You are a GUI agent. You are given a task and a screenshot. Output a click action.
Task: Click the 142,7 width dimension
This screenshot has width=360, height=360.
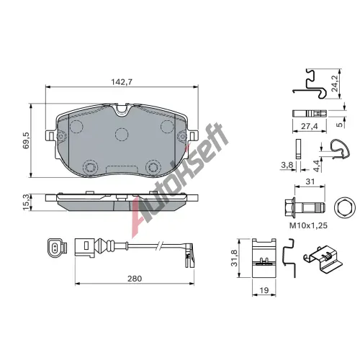click(122, 82)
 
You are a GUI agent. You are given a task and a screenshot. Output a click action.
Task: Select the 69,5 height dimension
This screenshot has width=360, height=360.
click(26, 140)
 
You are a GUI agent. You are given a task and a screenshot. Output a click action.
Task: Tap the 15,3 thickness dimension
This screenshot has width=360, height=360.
click(26, 202)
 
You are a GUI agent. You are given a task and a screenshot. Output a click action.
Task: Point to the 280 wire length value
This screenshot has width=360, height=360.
click(135, 279)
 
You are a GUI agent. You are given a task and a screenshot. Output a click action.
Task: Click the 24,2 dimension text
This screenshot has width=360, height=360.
click(334, 83)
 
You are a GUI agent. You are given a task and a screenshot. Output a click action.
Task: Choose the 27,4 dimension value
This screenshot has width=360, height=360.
click(310, 126)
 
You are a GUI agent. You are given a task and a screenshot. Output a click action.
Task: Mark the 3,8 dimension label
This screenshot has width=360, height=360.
click(287, 165)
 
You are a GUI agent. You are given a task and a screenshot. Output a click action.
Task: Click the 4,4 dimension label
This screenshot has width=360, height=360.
click(317, 166)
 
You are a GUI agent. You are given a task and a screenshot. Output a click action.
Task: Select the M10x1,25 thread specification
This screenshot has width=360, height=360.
click(308, 225)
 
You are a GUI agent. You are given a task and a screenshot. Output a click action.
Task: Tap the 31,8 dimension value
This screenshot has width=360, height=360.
click(234, 258)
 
